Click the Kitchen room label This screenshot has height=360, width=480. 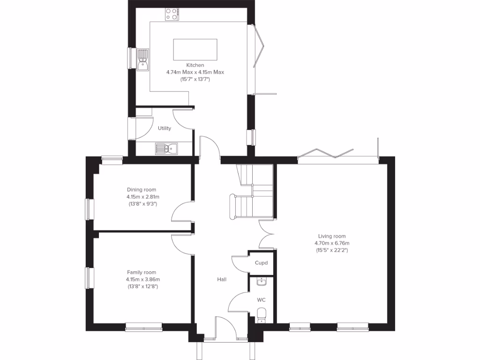tap(195, 65)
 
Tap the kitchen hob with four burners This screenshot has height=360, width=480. tap(172, 15)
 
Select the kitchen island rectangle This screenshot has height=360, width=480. tap(195, 49)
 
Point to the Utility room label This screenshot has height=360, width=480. tap(165, 128)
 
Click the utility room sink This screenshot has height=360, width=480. tap(166, 149)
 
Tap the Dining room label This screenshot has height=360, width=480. tap(142, 190)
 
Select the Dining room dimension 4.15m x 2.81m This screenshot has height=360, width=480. tap(142, 197)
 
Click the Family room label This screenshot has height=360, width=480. tap(142, 272)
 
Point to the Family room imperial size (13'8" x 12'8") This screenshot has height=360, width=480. tap(142, 286)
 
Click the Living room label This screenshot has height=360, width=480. tap(332, 236)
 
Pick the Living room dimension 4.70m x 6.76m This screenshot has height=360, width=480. tap(332, 243)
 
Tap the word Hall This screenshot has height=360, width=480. tap(222, 279)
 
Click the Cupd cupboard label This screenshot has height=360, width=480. tap(261, 263)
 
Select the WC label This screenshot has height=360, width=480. tap(261, 299)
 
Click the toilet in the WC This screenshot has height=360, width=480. tap(262, 314)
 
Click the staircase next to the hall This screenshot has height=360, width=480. tap(253, 192)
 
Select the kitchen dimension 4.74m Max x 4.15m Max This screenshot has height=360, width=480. tap(195, 72)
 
